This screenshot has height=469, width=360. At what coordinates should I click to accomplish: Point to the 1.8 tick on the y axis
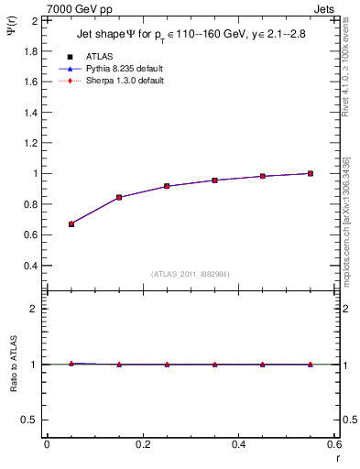coord(31,50)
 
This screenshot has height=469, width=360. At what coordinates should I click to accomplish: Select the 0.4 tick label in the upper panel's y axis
coord(31,266)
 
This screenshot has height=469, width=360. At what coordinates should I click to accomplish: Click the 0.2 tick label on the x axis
coord(143,444)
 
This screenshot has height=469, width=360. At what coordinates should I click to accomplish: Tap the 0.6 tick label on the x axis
coord(333,444)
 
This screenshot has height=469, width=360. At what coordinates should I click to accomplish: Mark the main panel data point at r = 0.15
coord(119,197)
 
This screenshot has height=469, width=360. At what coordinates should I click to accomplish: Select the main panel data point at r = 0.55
coord(311,173)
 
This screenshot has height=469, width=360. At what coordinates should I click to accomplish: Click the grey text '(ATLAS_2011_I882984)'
coord(191,274)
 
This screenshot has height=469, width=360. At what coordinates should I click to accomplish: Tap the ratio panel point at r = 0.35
coord(214,365)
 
